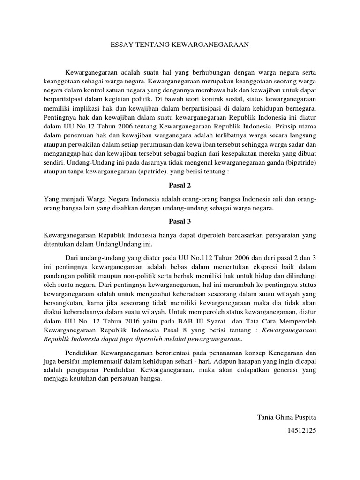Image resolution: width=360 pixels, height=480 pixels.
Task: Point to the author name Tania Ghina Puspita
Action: click(287, 417)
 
